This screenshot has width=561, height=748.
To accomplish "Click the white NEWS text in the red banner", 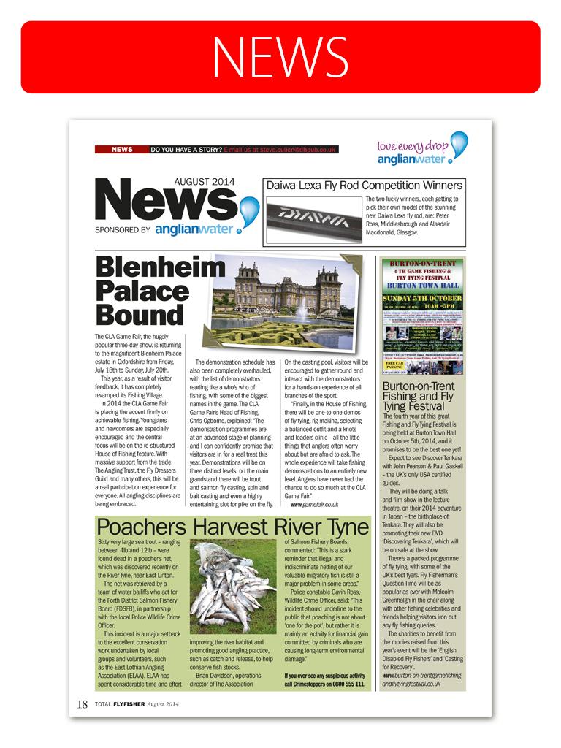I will coord(280,56).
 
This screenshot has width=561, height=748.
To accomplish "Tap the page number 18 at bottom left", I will coord(82,705).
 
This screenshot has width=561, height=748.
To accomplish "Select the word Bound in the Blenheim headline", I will coord(140,315).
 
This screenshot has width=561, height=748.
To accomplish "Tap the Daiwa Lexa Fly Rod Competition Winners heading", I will coord(364,186).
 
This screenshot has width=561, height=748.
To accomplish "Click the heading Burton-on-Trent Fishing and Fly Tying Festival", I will coord(419,395).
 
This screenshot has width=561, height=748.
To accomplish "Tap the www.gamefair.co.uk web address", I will coord(315,504).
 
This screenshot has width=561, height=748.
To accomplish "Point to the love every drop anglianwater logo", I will coord(421,149).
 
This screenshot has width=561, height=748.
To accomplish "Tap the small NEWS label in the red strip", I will coord(121,150).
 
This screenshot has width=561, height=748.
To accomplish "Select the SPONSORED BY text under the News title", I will coord(123,229).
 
